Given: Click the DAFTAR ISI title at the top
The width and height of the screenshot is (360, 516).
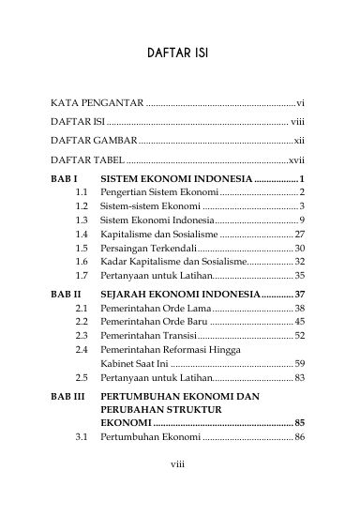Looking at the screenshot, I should (179, 53).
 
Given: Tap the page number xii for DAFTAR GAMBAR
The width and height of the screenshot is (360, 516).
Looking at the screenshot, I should (300, 140).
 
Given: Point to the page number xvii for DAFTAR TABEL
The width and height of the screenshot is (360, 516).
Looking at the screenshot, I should (297, 159).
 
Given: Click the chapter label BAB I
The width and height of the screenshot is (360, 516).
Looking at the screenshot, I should (64, 178).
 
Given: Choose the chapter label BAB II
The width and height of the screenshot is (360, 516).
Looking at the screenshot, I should (66, 294).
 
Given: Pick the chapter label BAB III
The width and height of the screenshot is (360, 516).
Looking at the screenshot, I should (67, 397).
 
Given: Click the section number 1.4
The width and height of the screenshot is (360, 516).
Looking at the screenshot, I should (82, 232).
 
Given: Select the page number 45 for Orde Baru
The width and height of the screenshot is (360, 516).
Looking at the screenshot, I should (300, 321).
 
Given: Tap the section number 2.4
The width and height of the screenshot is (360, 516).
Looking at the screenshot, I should (82, 349).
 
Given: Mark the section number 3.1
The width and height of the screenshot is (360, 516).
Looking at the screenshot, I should (82, 437).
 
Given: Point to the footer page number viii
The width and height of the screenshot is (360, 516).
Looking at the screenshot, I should (180, 488).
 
